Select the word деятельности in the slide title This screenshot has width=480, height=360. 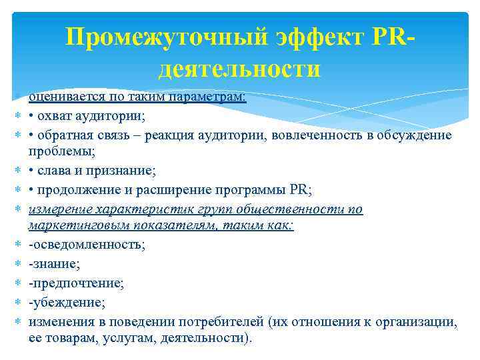[x=240, y=69]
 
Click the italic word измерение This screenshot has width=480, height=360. [x=61, y=209]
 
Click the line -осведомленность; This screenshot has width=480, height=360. [x=87, y=245]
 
